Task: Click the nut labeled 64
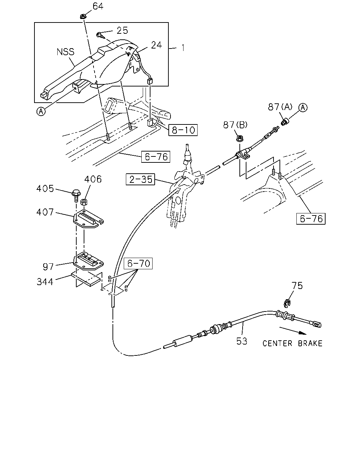[x=83, y=16]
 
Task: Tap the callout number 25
[x=122, y=31]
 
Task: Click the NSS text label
[x=65, y=52]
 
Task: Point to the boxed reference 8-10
[x=183, y=130]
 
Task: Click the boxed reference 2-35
[x=140, y=179]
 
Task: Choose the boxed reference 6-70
[x=138, y=263]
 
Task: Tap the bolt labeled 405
[x=77, y=195]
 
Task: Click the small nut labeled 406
[x=84, y=202]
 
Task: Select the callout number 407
[x=45, y=212]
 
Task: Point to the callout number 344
[x=45, y=282]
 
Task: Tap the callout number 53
[x=242, y=341]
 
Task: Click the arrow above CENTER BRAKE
[x=293, y=331]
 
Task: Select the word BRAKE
[x=310, y=343]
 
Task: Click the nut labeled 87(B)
[x=240, y=139]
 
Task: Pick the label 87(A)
[x=280, y=107]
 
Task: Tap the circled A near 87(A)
[x=303, y=108]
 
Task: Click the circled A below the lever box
[x=41, y=111]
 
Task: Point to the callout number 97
[x=48, y=266]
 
